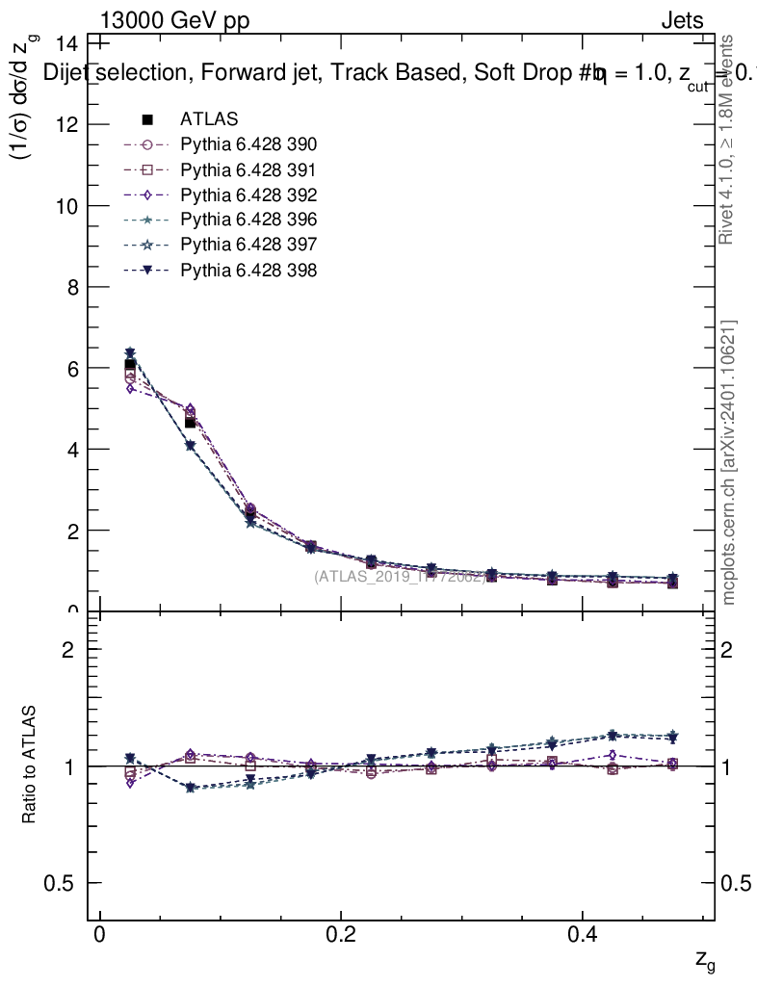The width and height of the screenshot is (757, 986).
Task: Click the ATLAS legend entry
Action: click(x=209, y=119)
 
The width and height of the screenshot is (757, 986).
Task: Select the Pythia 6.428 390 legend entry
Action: click(x=248, y=144)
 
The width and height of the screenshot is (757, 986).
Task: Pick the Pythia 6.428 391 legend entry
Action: click(x=248, y=169)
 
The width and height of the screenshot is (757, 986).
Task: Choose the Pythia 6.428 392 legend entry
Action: click(x=248, y=195)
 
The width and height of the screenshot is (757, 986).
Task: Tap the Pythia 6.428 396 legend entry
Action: click(x=248, y=220)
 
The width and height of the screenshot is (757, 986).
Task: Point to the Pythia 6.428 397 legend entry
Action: click(x=248, y=245)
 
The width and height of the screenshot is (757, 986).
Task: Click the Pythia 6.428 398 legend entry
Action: click(x=248, y=270)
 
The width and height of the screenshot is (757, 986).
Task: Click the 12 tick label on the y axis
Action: click(x=66, y=125)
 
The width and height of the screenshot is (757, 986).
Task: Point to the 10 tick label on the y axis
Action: click(x=66, y=206)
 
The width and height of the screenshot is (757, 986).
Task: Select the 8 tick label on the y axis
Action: click(x=72, y=287)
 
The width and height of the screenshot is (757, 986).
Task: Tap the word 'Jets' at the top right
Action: click(x=681, y=21)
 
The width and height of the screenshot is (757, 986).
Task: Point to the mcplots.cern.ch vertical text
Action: click(x=729, y=462)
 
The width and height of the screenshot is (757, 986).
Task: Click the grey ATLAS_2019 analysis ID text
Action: click(x=400, y=577)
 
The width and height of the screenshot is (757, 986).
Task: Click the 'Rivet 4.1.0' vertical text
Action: click(x=727, y=140)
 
